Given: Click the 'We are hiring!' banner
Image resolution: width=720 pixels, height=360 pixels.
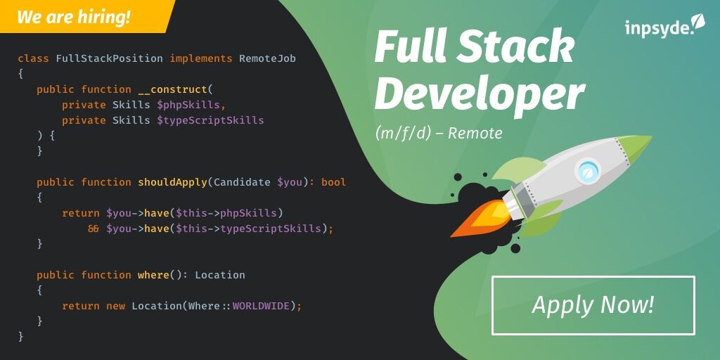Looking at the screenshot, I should [x=74, y=17].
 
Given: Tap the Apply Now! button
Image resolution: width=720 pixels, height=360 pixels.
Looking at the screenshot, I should [x=593, y=305].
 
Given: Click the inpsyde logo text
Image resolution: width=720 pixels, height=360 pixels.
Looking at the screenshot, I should [x=657, y=28].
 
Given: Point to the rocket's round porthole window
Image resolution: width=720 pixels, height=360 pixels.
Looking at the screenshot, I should [x=586, y=169].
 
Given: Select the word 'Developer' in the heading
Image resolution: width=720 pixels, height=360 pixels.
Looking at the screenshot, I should [x=479, y=94].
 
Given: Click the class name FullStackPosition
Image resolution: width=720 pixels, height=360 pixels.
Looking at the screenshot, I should [x=109, y=58].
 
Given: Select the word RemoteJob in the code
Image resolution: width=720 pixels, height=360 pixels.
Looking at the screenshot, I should [x=267, y=58].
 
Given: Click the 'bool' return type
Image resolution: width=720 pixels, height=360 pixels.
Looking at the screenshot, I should [x=333, y=182].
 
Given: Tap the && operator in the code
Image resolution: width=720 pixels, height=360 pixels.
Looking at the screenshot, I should [x=94, y=229].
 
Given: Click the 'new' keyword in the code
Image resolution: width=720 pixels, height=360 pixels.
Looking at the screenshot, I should [x=115, y=306].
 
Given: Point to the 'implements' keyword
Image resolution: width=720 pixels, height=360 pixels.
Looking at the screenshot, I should [x=200, y=58].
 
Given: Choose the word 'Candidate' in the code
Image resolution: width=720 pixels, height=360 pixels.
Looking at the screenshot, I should [x=242, y=182].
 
